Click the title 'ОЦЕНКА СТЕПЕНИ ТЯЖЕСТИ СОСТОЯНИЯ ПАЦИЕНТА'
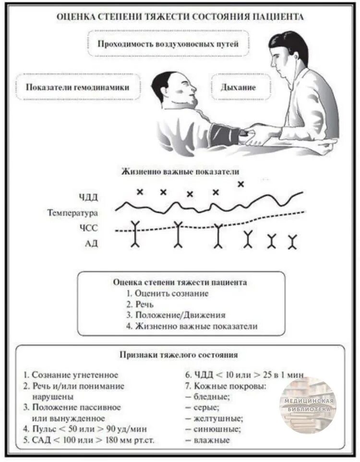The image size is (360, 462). click(180, 17)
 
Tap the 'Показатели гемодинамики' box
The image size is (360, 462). click(78, 87)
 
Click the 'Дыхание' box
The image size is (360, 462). click(238, 87)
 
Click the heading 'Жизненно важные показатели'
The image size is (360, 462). click(180, 171)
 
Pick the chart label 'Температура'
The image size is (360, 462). click(72, 212)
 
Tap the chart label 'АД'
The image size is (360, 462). click(91, 243)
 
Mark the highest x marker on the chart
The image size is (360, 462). click(240, 183)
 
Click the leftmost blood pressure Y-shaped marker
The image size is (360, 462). click(135, 234)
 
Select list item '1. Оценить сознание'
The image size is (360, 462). click(167, 293)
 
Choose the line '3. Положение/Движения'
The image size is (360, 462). click(176, 316)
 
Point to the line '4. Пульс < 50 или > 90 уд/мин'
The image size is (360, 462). click(85, 429)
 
